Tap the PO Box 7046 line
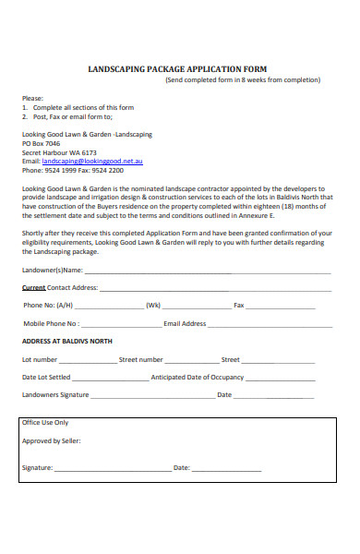tap(41, 143)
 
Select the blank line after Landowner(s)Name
tap(208, 271)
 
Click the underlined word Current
tap(33, 287)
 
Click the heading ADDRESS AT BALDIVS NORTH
tap(66, 342)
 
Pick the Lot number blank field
tap(88, 360)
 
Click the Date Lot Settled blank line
tap(109, 378)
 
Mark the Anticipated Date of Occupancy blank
tap(287, 378)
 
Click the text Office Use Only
tap(45, 422)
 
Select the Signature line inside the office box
tap(112, 468)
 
